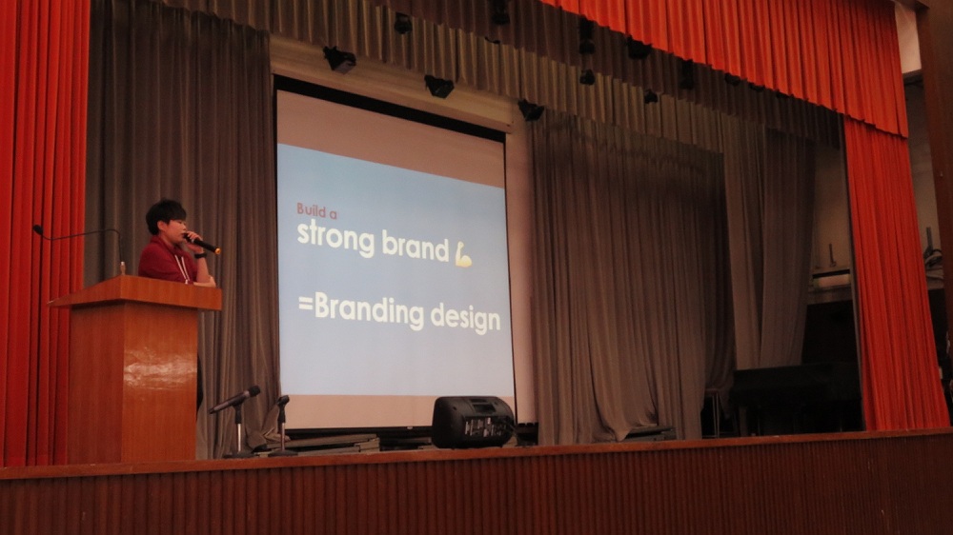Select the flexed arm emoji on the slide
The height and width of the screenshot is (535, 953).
point(463,254)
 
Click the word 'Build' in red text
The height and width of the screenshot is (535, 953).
point(310,209)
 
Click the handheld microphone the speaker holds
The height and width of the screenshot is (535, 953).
point(202,243)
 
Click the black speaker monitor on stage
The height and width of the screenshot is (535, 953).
point(473,422)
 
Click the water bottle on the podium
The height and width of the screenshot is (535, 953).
point(123,268)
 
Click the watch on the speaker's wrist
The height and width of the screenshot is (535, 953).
point(200,255)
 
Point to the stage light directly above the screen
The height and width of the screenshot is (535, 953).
point(438,86)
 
